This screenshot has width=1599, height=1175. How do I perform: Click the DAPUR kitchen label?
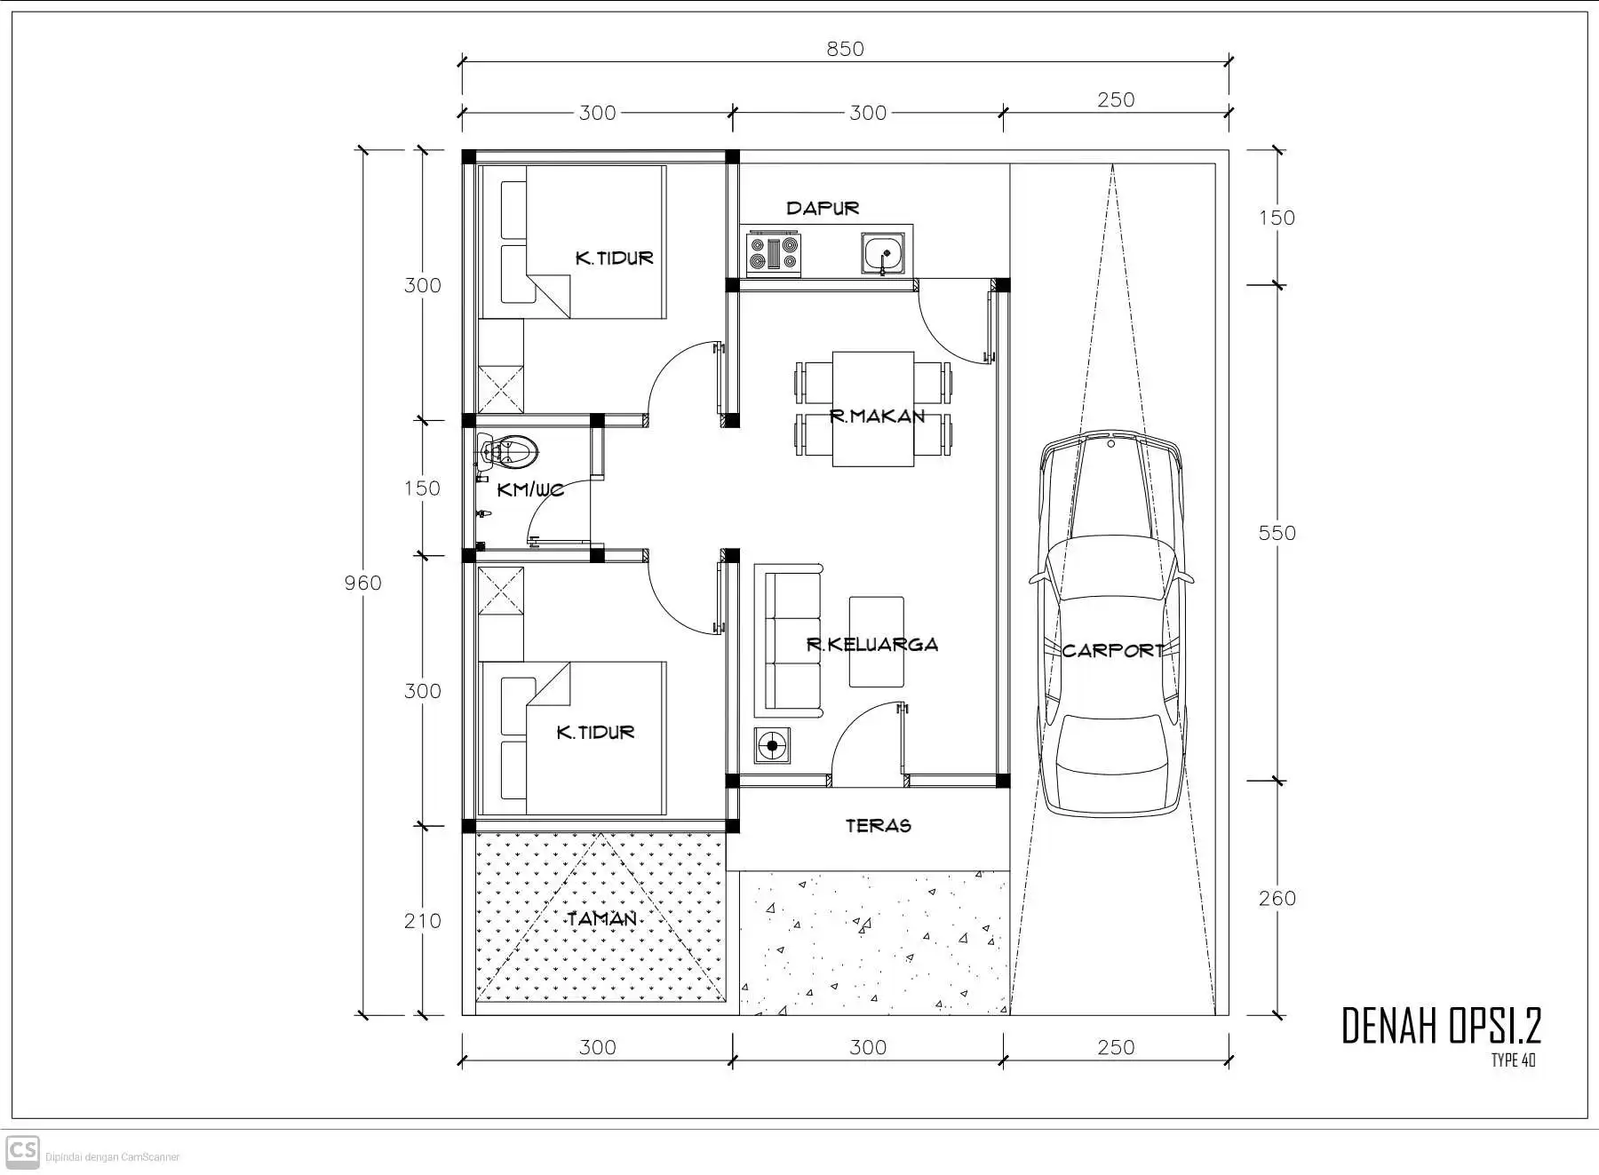(x=823, y=208)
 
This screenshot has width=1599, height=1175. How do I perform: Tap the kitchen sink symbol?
(x=883, y=253)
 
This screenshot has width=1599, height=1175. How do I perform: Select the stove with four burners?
(x=774, y=252)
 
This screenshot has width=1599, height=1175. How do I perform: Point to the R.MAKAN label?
(x=877, y=416)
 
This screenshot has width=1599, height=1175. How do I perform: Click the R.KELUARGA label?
(x=871, y=644)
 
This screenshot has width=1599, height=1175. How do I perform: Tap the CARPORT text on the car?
(x=1112, y=650)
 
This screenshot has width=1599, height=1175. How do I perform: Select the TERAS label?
(x=878, y=825)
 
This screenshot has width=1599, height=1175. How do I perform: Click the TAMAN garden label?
(x=602, y=918)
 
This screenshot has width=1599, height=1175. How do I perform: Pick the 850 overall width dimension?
(x=845, y=49)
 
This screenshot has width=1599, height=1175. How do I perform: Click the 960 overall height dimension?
(x=362, y=583)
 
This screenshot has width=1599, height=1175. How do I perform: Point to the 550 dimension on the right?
(x=1277, y=533)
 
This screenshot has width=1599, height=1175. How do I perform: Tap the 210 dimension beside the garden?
(x=422, y=921)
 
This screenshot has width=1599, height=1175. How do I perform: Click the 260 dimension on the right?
(x=1277, y=898)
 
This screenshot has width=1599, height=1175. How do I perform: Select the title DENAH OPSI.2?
(x=1440, y=1026)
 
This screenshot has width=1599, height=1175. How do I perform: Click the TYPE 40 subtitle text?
(x=1513, y=1060)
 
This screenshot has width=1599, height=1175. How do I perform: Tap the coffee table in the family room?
(x=876, y=641)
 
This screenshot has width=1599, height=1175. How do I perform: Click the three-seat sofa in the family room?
(x=790, y=641)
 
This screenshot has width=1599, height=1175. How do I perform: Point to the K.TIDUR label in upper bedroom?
(x=614, y=258)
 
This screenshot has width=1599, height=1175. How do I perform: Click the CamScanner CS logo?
(x=22, y=1152)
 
